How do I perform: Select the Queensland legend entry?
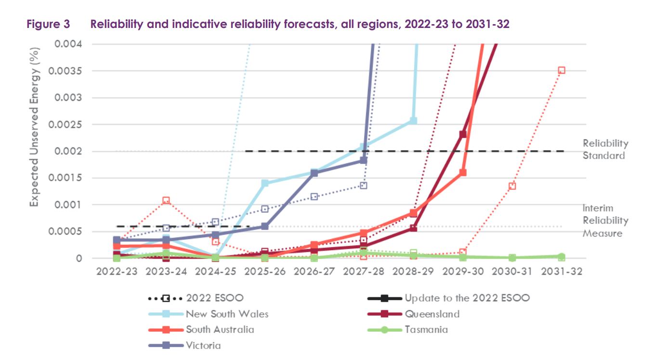tap(432, 314)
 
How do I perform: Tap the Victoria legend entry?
tap(203, 345)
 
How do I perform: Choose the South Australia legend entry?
tap(220, 330)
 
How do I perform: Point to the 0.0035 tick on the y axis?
tap(68, 71)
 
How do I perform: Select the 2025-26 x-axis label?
tap(264, 271)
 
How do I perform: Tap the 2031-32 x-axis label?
tap(561, 271)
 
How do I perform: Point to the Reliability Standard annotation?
tap(605, 149)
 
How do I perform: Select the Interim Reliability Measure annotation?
tap(605, 221)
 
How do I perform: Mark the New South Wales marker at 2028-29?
tap(413, 120)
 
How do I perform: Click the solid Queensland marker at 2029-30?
tap(463, 134)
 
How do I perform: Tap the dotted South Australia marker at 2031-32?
tap(561, 70)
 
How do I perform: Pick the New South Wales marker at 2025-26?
tap(264, 183)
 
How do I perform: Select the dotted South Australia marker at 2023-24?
tap(166, 200)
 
